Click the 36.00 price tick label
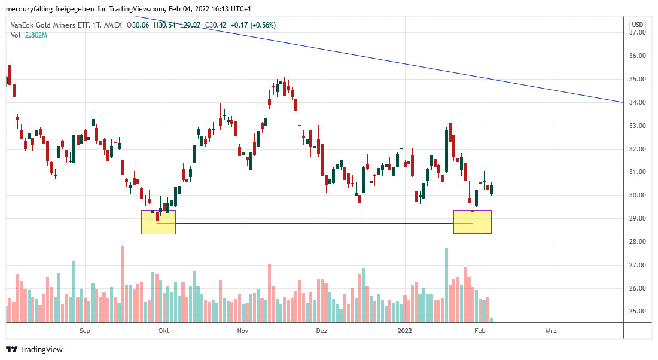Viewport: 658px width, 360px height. pos(638,56)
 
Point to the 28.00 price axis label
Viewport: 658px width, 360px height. pos(638,242)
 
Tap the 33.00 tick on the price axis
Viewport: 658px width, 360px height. pos(638,126)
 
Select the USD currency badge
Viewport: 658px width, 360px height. pos(638,25)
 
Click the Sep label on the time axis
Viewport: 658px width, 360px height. pos(84,331)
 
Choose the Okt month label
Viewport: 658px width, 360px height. pos(163,331)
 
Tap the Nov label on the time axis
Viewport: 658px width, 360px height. pos(242,331)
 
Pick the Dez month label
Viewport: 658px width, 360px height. pos(322,331)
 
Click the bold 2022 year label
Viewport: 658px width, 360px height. pos(405,331)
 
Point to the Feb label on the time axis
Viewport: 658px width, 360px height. pos(479,331)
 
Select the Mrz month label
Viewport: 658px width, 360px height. pos(551,331)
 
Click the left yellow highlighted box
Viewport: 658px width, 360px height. pos(159,222)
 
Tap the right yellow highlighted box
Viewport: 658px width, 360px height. pos(473,222)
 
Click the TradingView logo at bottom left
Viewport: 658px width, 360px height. pos(34,349)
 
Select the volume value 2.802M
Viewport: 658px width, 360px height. pos(35,35)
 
